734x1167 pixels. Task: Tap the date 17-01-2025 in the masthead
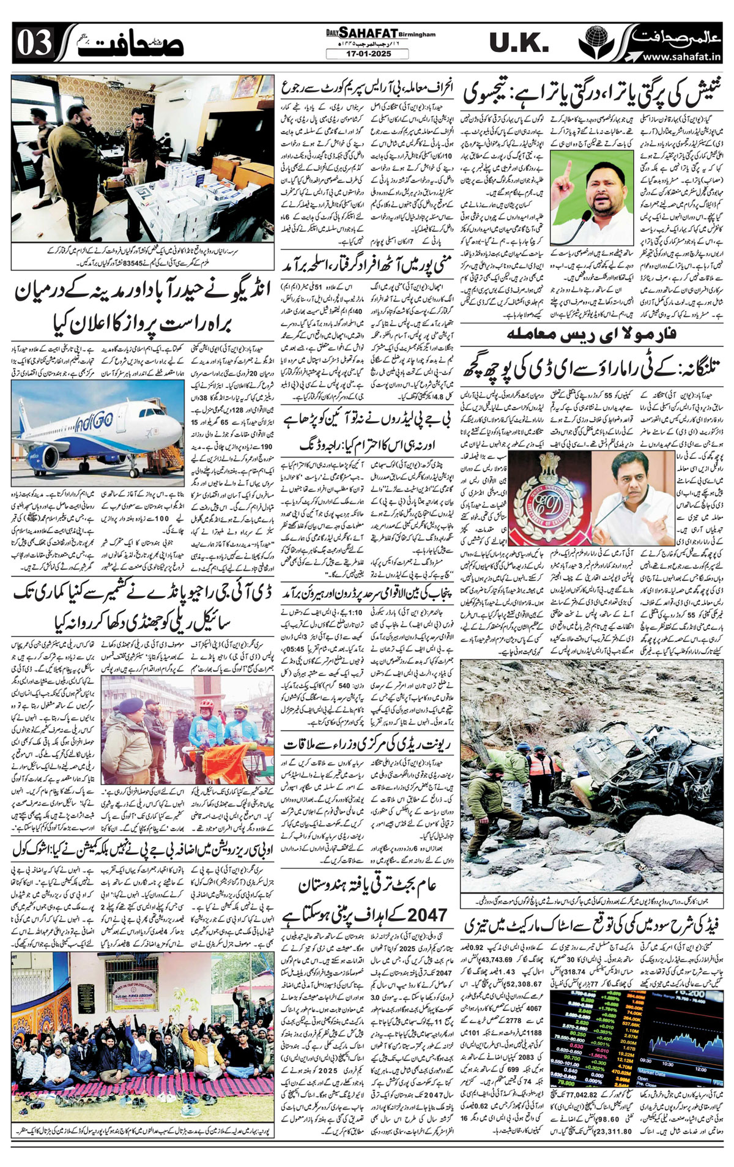tap(367, 54)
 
